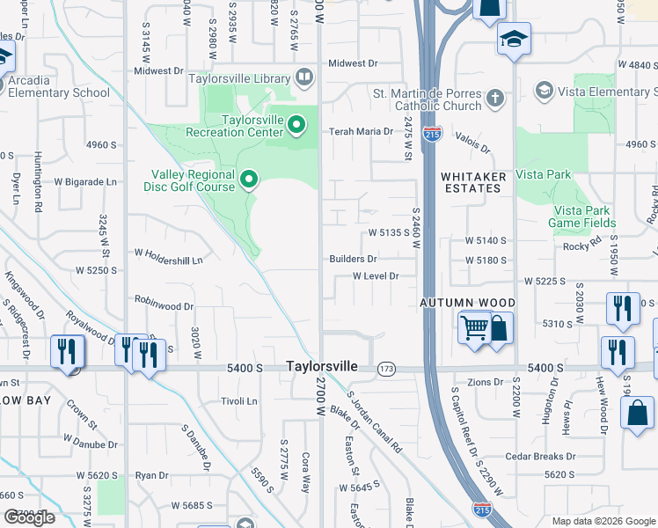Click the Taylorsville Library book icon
click(x=304, y=78)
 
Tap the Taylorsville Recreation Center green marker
click(x=296, y=126)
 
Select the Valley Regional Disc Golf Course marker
click(x=249, y=180)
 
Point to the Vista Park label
click(x=543, y=174)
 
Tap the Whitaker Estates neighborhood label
click(x=473, y=182)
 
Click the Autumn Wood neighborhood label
click(x=466, y=302)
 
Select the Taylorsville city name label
click(x=321, y=365)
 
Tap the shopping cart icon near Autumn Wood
click(x=475, y=327)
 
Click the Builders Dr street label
click(x=353, y=259)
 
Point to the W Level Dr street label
click(x=376, y=275)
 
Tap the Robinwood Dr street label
click(x=164, y=306)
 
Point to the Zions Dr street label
click(x=485, y=382)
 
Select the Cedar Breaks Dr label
click(x=540, y=457)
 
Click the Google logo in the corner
click(x=29, y=517)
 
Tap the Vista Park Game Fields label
click(x=581, y=216)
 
